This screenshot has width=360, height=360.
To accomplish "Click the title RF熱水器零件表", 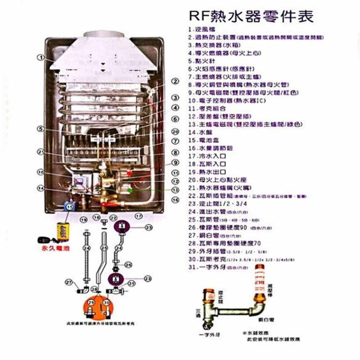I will (251, 16).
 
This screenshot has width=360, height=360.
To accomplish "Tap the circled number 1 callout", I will (42, 57).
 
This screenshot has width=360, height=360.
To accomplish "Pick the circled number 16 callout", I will (175, 200).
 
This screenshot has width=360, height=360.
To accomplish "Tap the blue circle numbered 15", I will (69, 206).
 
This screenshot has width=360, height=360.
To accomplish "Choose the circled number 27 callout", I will (69, 282).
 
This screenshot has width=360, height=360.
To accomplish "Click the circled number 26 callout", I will (129, 265).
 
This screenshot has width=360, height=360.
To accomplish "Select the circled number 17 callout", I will (139, 216).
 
